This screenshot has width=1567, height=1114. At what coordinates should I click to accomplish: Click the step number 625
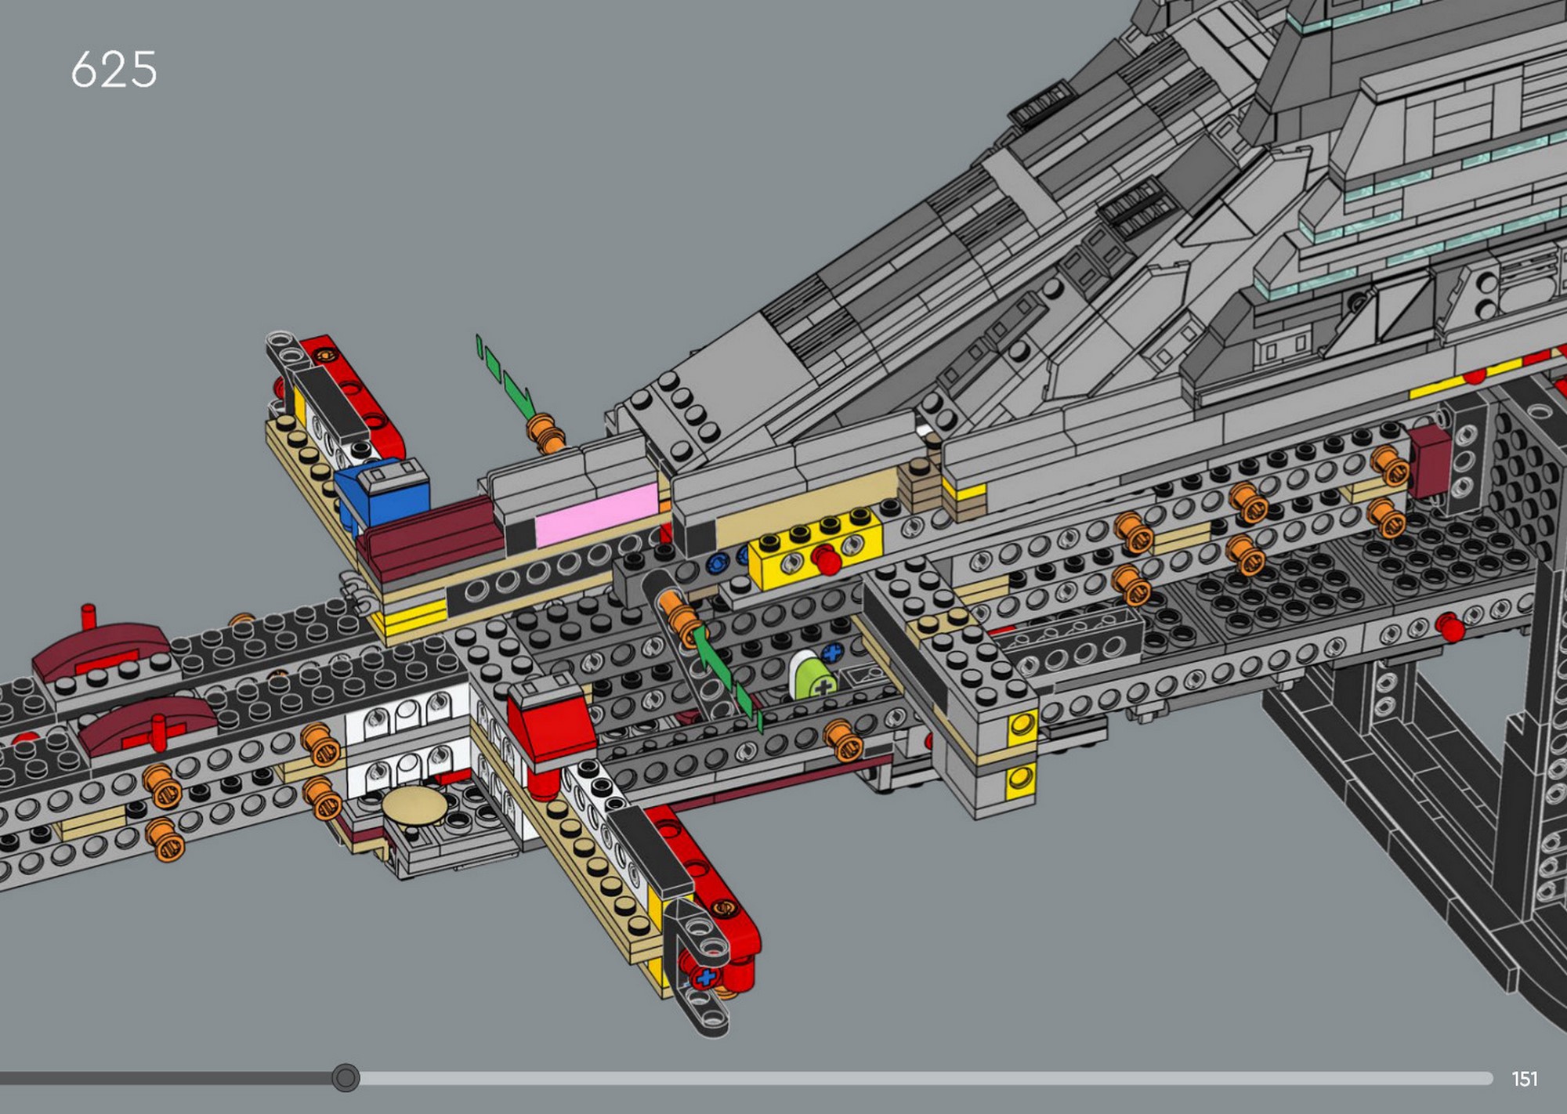point(114,70)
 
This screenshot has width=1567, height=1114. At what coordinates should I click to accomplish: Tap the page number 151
point(1524,1080)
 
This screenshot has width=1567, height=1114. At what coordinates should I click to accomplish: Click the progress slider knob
point(345,1078)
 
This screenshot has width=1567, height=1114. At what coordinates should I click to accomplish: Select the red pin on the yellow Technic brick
point(825,561)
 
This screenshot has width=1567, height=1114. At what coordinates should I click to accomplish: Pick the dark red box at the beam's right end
point(1430,462)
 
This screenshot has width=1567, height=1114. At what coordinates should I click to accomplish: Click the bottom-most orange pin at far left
point(165,840)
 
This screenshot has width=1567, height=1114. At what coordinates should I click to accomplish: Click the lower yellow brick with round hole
point(1021,777)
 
